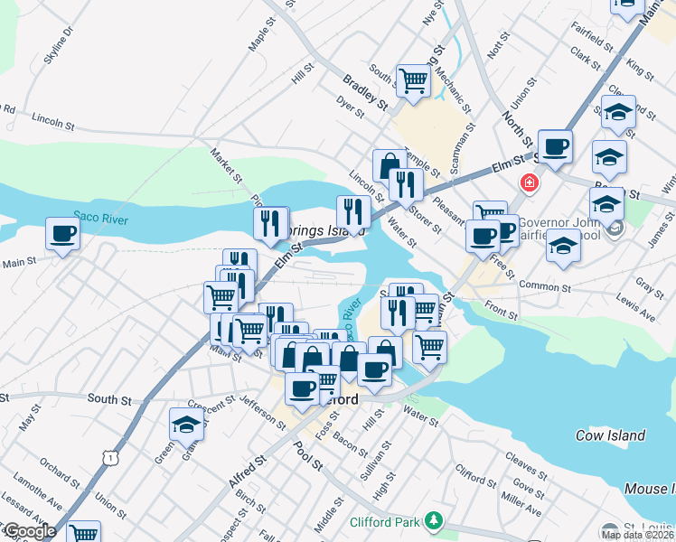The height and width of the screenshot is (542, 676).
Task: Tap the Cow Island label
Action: click(611, 435)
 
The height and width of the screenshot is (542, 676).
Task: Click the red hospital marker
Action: click(529, 183)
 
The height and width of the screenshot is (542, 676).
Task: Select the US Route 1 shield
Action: click(110, 458)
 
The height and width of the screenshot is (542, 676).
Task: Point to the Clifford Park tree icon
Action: click(435, 521)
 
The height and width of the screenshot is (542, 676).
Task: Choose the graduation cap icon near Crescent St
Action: click(186, 424)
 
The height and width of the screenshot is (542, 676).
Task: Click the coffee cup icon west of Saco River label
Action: click(62, 233)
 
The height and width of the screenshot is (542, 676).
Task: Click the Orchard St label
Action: click(59, 476)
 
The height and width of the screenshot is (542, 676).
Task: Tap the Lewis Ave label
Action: click(636, 312)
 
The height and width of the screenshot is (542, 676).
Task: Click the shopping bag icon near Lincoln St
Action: click(389, 165)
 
